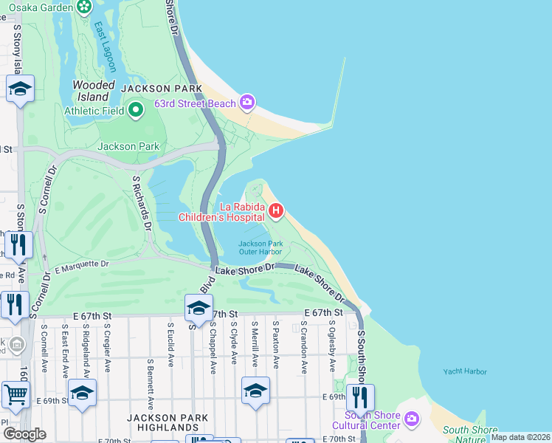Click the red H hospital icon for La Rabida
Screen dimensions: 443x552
pyautogui.click(x=276, y=213)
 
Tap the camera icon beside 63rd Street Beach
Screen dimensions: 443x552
pyautogui.click(x=247, y=102)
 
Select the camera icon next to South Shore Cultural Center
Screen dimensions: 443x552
pyautogui.click(x=411, y=419)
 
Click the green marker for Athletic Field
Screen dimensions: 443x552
pyautogui.click(x=135, y=111)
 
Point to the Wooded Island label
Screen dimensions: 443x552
pyautogui.click(x=94, y=91)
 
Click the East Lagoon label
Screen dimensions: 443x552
pyautogui.click(x=105, y=47)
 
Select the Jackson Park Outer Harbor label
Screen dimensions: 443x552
pyautogui.click(x=261, y=247)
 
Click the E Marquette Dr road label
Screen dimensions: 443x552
pyautogui.click(x=81, y=264)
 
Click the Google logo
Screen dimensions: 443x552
pyautogui.click(x=24, y=433)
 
